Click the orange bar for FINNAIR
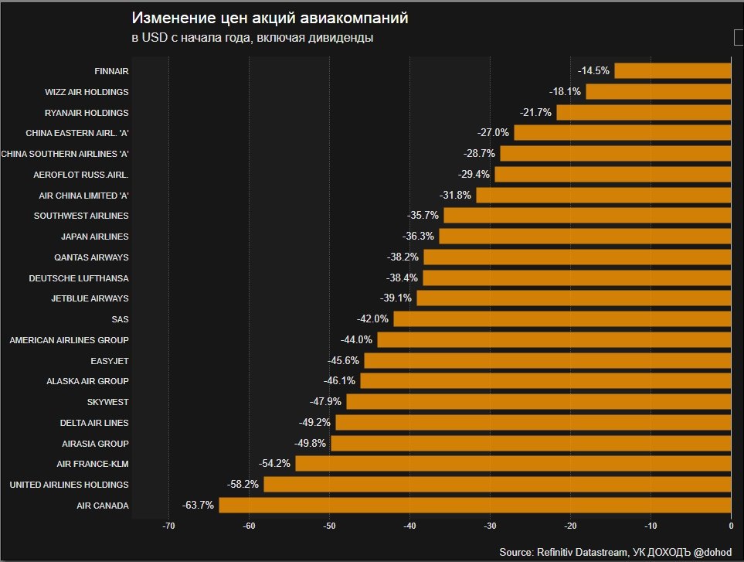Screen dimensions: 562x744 (x=672, y=71)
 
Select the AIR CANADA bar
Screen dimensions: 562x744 (x=474, y=506)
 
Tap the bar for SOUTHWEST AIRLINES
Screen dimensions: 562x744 (x=587, y=216)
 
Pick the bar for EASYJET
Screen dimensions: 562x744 (x=547, y=360)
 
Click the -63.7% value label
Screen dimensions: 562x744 (x=198, y=506)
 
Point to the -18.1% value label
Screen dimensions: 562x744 (x=565, y=91)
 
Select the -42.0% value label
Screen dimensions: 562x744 (x=372, y=319)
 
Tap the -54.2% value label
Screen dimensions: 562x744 (x=274, y=464)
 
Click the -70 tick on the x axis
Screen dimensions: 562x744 (x=168, y=526)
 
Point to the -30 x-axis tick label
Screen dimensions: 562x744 (x=490, y=526)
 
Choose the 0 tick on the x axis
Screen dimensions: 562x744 (x=731, y=526)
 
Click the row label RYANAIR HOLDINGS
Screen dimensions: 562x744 (x=87, y=112)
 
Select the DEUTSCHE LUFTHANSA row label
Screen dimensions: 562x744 (x=79, y=278)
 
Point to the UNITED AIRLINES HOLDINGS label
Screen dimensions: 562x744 (x=69, y=485)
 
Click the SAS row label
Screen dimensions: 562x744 (x=120, y=319)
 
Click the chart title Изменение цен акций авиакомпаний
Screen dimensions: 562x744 (x=270, y=18)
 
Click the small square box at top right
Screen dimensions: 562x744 (x=738, y=37)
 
